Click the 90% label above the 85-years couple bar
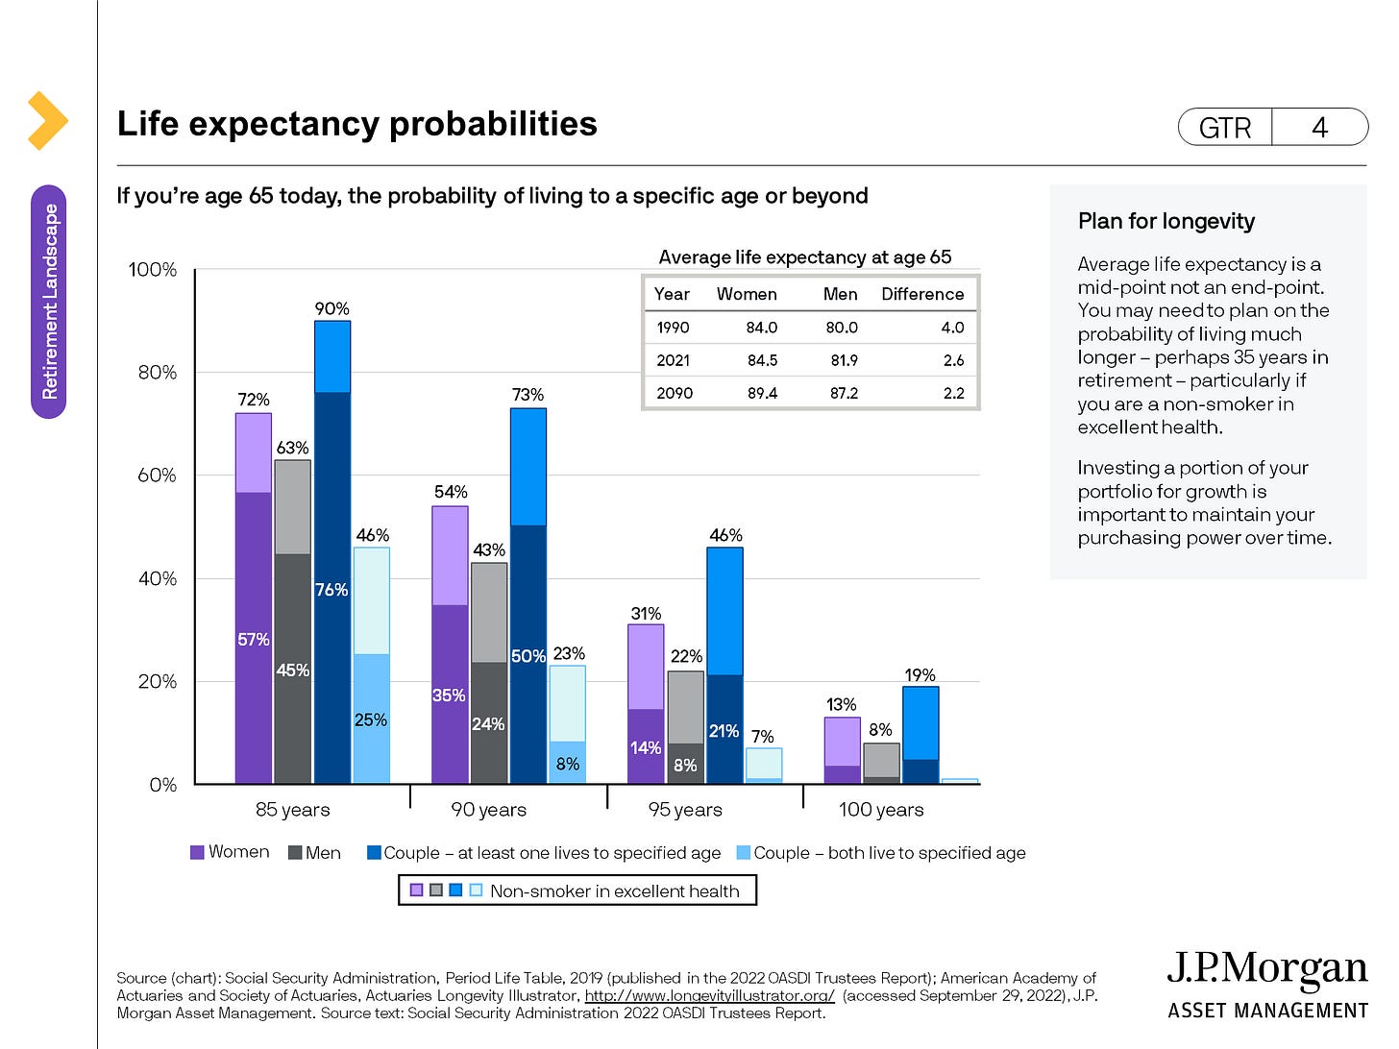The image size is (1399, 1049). [x=331, y=308]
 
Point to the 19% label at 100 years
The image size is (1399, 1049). [x=920, y=675]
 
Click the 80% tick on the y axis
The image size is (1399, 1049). [x=157, y=373]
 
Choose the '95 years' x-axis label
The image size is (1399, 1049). [x=685, y=810]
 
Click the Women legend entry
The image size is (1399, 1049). [x=231, y=852]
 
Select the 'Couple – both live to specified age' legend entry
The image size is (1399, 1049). [x=881, y=853]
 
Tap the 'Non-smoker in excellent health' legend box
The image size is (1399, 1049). [x=577, y=890]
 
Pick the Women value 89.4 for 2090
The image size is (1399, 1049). [x=762, y=393]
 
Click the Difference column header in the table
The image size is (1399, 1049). [x=922, y=294]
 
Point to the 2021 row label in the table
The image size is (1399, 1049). [x=673, y=360]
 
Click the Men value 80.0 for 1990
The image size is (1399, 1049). [x=842, y=328]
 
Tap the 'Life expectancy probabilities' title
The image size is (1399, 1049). [x=356, y=124]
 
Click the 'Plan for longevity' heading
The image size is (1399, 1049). [x=1166, y=221]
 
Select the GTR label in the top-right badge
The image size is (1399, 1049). [x=1225, y=128]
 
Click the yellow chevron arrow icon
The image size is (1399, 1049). [x=47, y=121]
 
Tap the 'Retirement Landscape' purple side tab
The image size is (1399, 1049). [x=49, y=302]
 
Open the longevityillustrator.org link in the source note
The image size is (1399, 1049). [x=709, y=995]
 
